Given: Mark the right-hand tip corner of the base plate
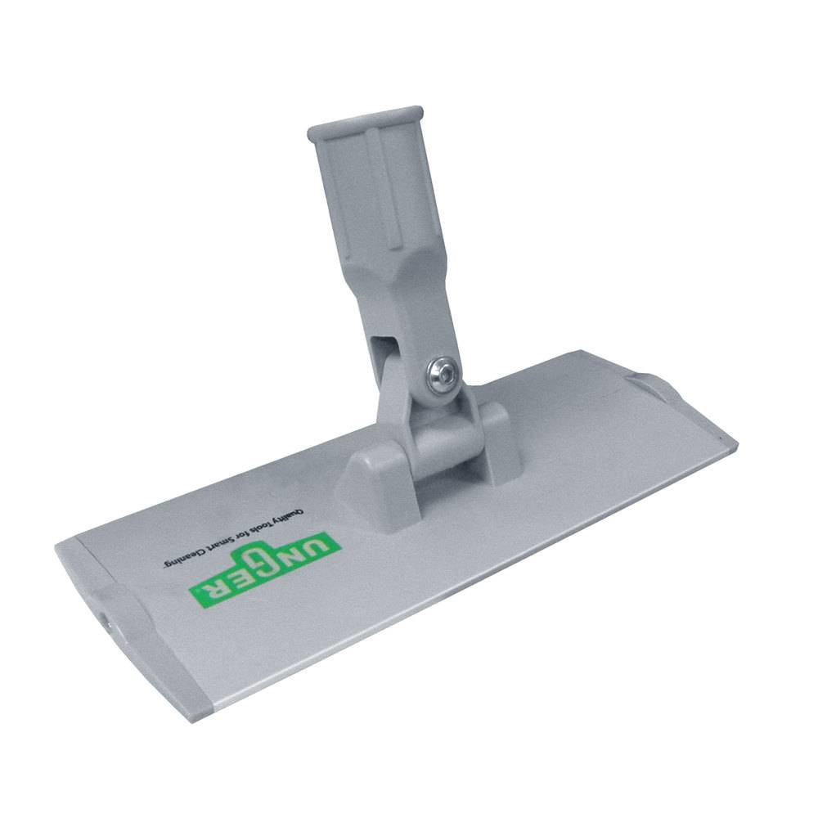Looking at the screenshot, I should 735,447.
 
